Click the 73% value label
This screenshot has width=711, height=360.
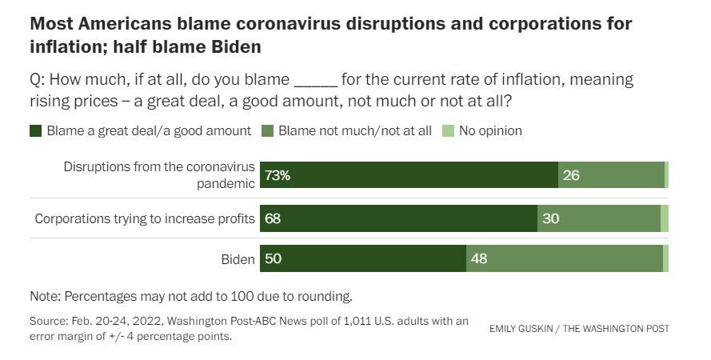277,175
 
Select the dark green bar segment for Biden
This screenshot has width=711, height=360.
363,258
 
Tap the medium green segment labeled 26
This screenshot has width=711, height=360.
611,175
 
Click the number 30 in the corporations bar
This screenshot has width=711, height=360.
550,218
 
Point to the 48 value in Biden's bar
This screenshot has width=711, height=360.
479,258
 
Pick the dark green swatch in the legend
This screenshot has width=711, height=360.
36,131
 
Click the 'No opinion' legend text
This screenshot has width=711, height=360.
490,130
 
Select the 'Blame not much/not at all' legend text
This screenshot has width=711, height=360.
354,130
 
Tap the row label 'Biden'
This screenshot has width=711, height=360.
238,259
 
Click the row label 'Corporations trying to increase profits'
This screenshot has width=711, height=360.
145,218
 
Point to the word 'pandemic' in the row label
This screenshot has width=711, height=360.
226,184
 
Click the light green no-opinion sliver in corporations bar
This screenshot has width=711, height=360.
665,218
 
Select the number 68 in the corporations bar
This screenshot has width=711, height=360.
273,218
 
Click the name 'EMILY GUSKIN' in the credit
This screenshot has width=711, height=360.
521,329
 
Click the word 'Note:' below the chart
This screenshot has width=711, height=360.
45,297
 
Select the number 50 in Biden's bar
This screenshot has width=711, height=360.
273,258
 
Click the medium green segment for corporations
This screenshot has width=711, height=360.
599,218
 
